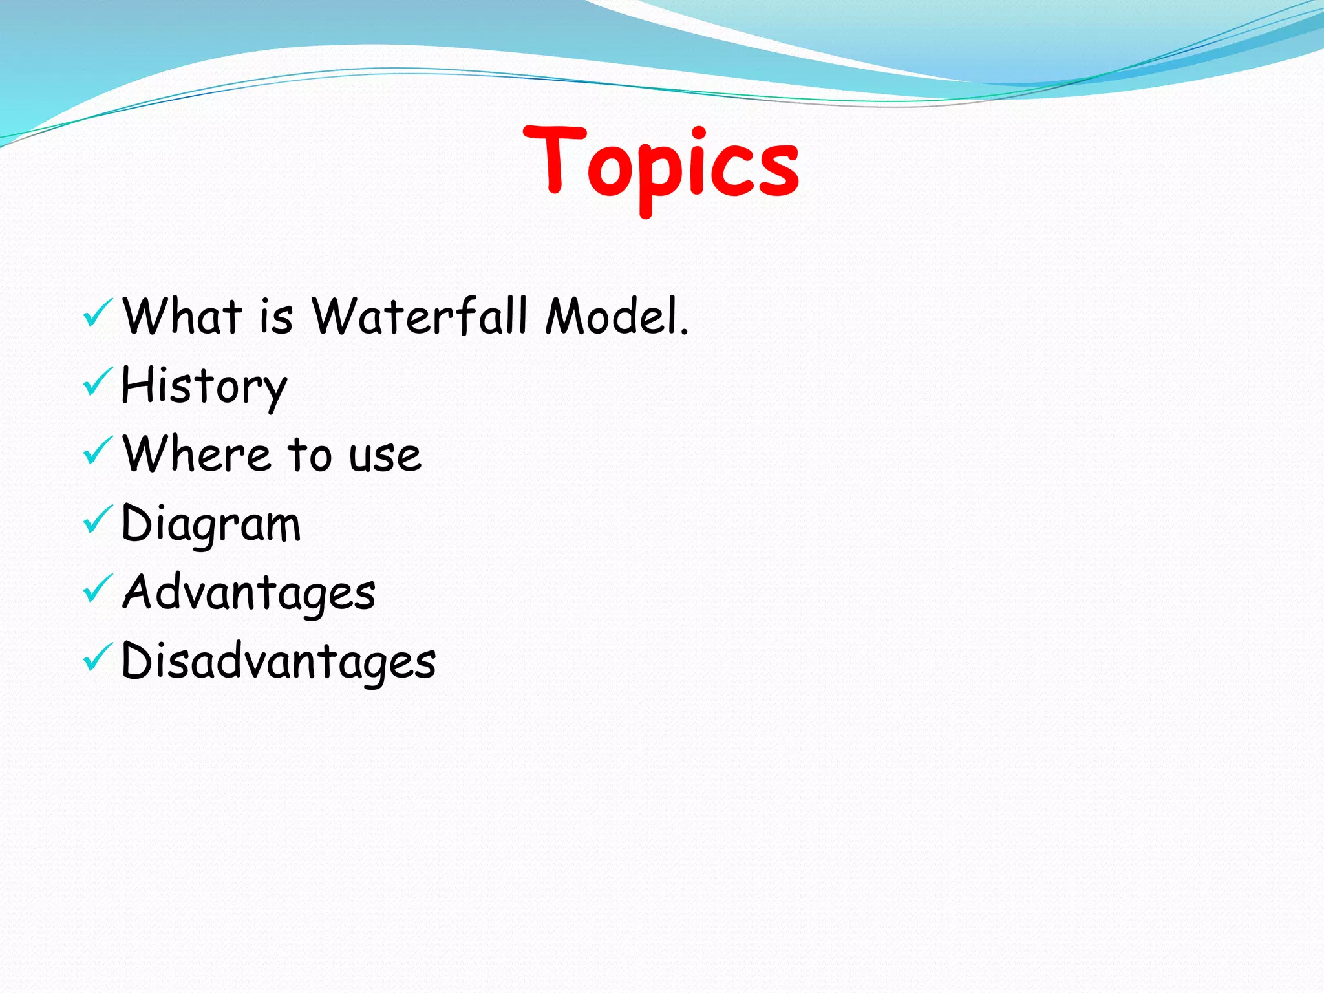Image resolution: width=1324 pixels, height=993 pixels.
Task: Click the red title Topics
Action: click(x=661, y=165)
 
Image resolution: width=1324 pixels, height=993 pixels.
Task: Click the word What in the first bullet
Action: click(x=183, y=316)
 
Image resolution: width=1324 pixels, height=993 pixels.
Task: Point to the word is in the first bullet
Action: click(x=276, y=317)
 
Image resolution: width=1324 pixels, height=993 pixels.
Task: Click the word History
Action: click(x=204, y=387)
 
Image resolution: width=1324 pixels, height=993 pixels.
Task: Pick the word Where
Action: click(x=197, y=454)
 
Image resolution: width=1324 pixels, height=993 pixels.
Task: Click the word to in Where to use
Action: click(x=309, y=455)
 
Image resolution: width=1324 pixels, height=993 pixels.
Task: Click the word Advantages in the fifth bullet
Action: click(x=248, y=593)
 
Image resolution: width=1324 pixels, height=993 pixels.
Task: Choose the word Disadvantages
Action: click(x=278, y=661)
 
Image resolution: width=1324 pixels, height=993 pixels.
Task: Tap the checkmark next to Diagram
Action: click(x=98, y=520)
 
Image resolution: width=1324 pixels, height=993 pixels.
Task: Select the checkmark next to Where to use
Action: click(x=98, y=451)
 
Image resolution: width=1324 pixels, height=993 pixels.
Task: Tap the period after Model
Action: click(x=684, y=332)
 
